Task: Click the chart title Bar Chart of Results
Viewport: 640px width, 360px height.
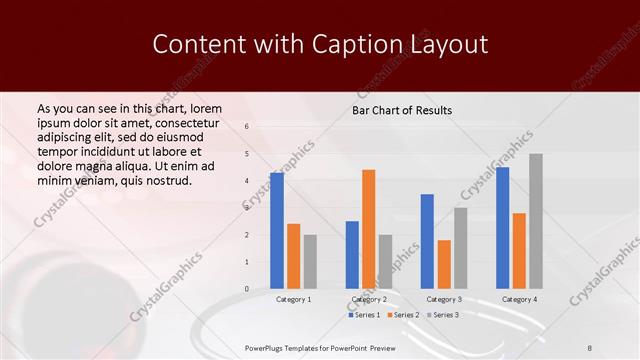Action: click(401, 110)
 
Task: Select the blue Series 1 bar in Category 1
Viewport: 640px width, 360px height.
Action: click(276, 230)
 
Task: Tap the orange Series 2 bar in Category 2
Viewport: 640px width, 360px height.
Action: click(368, 229)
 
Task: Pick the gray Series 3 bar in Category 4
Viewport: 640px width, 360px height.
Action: click(536, 221)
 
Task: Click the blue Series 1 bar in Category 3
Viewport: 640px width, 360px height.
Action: click(427, 241)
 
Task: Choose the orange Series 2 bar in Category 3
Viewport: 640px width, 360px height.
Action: click(444, 264)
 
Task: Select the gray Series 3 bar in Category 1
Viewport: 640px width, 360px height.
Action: click(310, 261)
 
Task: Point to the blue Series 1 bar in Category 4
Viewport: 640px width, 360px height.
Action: click(502, 227)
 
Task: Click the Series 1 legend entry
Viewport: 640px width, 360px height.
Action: click(364, 315)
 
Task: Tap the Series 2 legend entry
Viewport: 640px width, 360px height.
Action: click(403, 315)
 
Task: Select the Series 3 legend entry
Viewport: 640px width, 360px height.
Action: click(442, 315)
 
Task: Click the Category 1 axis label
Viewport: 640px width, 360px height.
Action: click(293, 299)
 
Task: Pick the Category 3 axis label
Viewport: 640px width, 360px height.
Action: click(444, 299)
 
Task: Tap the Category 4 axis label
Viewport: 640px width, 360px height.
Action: click(519, 299)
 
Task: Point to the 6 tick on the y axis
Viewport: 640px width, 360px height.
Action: click(247, 127)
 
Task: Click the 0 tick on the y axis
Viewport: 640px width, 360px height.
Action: click(247, 289)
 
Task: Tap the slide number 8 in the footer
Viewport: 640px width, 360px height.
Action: click(590, 347)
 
